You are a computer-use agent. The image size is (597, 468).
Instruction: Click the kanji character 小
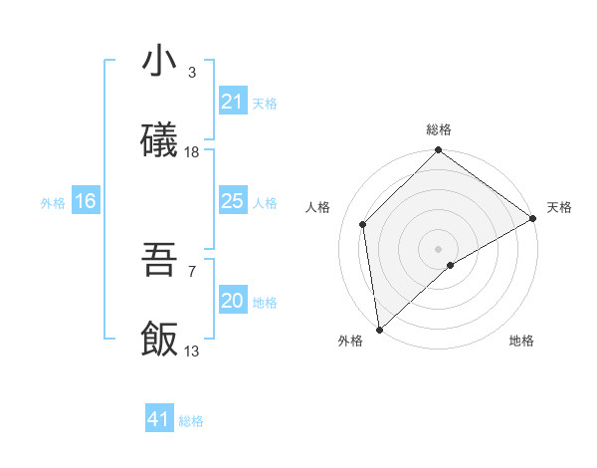159,62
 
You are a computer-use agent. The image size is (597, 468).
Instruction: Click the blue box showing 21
232,102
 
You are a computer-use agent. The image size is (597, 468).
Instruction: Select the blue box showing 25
232,201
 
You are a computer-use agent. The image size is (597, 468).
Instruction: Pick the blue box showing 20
232,301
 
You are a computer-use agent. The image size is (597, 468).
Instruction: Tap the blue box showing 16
85,201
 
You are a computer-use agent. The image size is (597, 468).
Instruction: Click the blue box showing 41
159,419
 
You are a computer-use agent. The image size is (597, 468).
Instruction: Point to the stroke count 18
192,152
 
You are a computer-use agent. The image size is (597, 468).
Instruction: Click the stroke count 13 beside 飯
192,351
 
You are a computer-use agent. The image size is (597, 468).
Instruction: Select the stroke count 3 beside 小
192,73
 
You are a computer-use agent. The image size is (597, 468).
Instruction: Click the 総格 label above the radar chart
439,129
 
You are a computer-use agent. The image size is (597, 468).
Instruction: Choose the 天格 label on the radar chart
559,207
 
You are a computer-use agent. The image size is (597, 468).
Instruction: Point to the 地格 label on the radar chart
521,341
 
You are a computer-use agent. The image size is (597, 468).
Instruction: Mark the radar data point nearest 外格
379,330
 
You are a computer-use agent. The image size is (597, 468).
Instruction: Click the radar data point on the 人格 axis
363,224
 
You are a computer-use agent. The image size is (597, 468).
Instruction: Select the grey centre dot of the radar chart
439,248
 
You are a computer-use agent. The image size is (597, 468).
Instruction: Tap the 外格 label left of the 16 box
53,203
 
